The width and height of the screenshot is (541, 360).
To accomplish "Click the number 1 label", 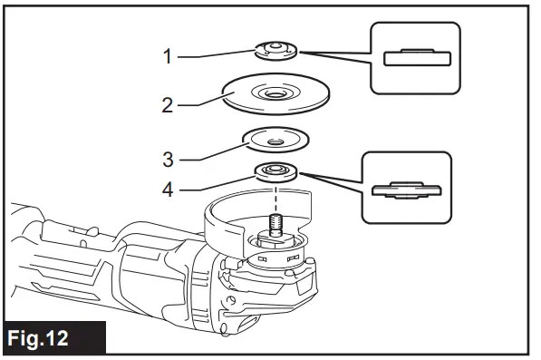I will click(x=168, y=56).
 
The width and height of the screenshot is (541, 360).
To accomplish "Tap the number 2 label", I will click(x=168, y=105).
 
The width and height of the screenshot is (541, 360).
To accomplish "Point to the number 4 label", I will click(x=168, y=190).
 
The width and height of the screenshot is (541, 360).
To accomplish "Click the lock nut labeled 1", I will click(x=272, y=51).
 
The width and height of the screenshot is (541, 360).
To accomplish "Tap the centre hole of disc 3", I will click(x=272, y=140).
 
